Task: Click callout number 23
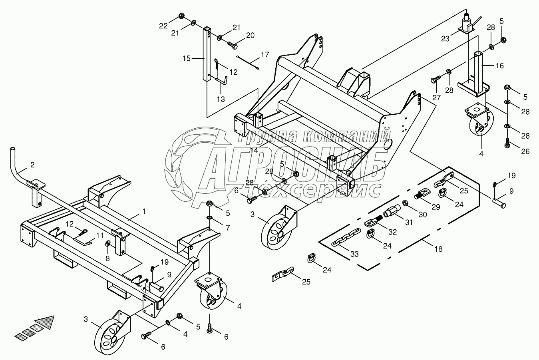point(445,39)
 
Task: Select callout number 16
point(500,66)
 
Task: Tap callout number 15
point(187,58)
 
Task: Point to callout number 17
point(265,54)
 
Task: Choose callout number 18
point(438,249)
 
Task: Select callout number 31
point(408,223)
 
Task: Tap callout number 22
point(163,26)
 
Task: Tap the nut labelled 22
point(181,16)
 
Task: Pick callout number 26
point(525,151)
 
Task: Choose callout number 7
point(227,228)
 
